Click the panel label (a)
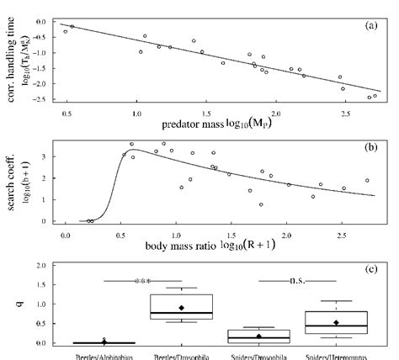click(x=371, y=27)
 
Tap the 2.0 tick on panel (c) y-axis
click(x=39, y=266)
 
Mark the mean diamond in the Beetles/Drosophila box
click(x=181, y=308)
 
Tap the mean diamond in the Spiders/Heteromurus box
click(x=336, y=322)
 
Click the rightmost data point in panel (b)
click(x=367, y=180)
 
